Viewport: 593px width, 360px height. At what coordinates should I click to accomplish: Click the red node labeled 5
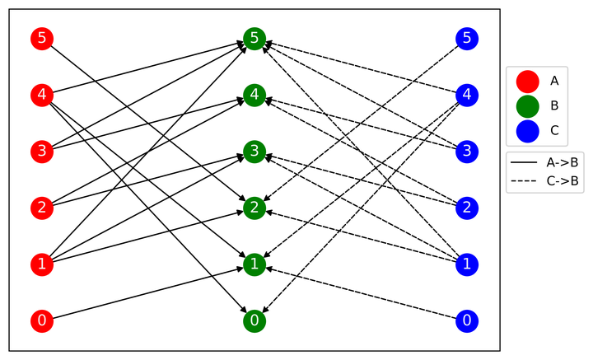[x=42, y=39]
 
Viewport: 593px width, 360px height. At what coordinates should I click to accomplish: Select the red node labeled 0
[x=42, y=320]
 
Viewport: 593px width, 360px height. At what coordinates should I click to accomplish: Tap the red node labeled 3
[x=42, y=152]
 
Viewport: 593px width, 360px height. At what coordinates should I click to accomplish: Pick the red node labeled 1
[x=42, y=264]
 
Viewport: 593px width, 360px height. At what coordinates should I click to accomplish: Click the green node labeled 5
[x=254, y=39]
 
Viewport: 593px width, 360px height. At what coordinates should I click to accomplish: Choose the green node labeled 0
[x=254, y=320]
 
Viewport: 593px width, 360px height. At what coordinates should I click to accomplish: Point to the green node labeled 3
[x=254, y=152]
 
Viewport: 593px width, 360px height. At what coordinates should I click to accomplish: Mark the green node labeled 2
[x=254, y=208]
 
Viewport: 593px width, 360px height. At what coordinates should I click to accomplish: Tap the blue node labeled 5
[x=467, y=39]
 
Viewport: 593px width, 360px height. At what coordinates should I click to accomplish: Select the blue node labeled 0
[x=467, y=320]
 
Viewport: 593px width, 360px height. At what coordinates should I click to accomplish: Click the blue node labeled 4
[x=467, y=95]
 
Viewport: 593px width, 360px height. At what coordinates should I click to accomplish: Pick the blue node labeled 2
[x=467, y=208]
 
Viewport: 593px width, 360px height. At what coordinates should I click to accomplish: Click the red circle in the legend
[x=528, y=82]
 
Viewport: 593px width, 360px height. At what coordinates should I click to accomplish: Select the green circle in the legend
[x=528, y=106]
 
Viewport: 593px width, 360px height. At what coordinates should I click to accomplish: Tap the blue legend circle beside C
[x=528, y=131]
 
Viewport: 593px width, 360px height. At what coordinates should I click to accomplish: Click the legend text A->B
[x=563, y=162]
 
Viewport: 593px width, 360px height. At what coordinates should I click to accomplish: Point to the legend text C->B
[x=563, y=181]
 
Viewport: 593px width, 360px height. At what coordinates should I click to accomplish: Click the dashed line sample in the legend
[x=524, y=181]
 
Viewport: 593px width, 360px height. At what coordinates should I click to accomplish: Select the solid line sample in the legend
[x=524, y=162]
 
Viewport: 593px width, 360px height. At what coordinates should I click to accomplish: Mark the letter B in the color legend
[x=554, y=105]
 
